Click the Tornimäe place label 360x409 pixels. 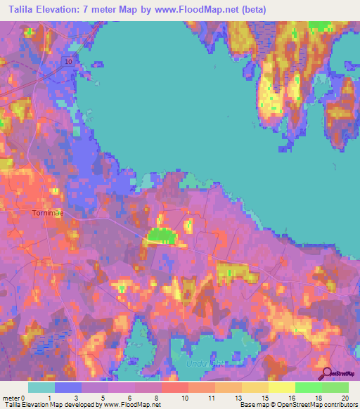click(x=51, y=212)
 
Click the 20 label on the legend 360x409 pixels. click(x=343, y=398)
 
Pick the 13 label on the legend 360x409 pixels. click(x=238, y=398)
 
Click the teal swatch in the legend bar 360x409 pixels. click(x=41, y=387)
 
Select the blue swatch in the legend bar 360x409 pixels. click(x=68, y=387)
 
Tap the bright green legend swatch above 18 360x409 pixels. click(x=309, y=387)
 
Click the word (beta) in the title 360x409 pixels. click(x=255, y=8)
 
